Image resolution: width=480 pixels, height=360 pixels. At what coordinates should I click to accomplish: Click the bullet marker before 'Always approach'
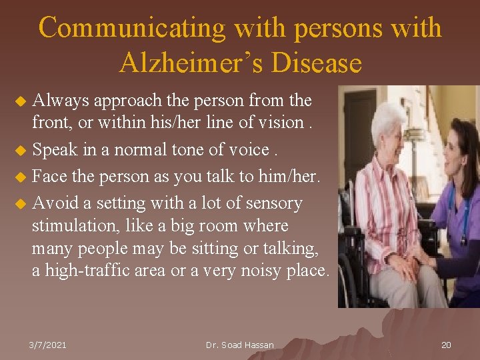pos(21,101)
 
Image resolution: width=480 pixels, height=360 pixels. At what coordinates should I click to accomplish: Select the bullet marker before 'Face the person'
pos(21,177)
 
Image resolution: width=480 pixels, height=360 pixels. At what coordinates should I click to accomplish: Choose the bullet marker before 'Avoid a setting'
pos(21,203)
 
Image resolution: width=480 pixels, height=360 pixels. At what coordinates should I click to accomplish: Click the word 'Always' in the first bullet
pos(62,101)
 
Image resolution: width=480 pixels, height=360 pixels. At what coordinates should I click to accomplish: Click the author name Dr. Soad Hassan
pos(240,345)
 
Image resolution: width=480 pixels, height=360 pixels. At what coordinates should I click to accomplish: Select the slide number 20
pos(446,345)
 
